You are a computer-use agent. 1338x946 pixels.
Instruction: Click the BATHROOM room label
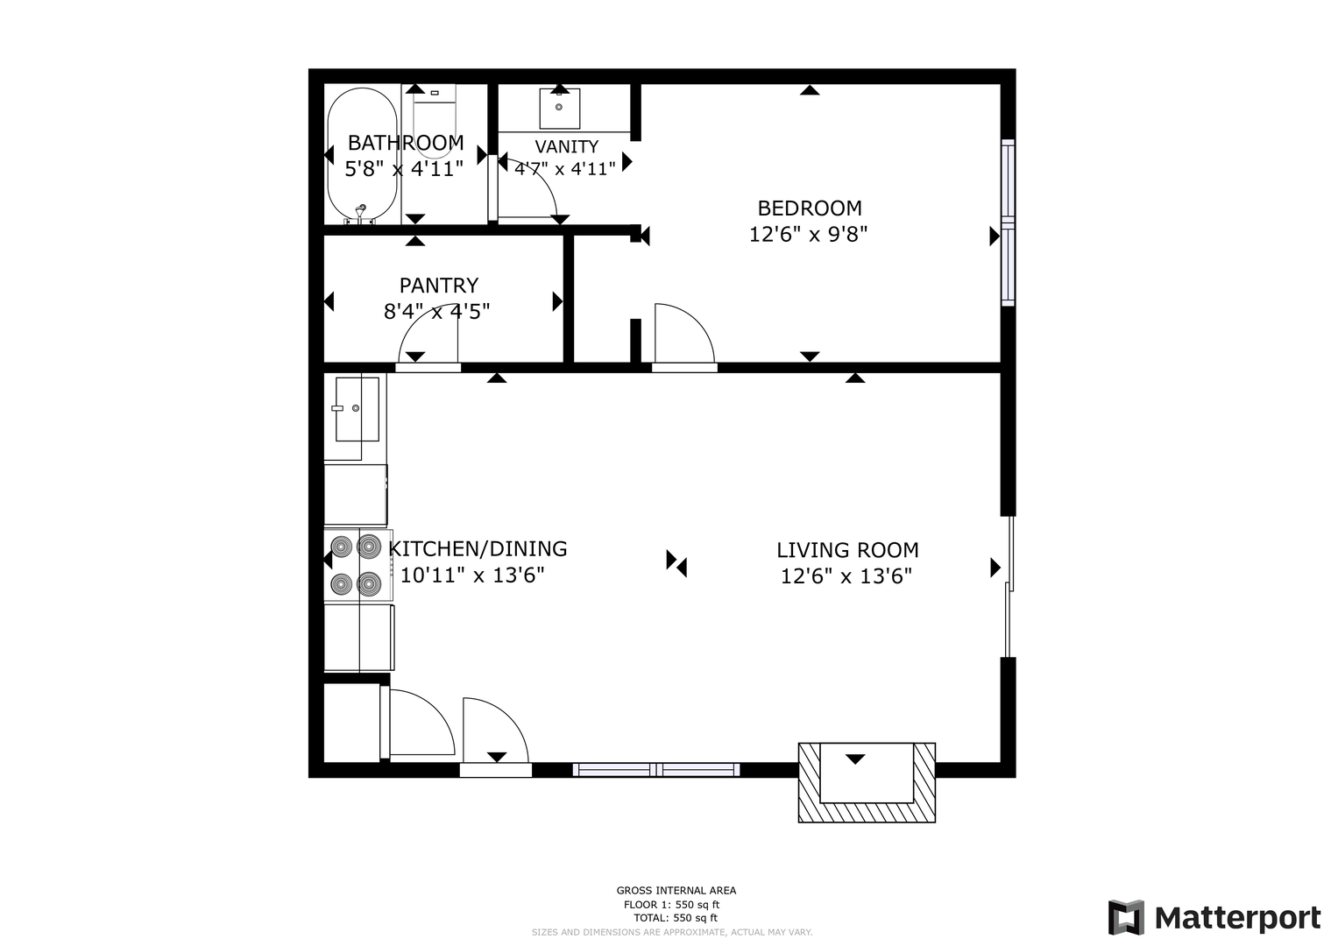click(x=406, y=144)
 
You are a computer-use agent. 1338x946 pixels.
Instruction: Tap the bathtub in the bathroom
click(x=362, y=155)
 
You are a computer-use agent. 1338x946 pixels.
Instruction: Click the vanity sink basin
click(x=560, y=108)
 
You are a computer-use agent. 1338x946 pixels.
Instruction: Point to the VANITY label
click(x=566, y=146)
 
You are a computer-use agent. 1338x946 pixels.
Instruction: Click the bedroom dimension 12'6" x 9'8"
click(x=808, y=234)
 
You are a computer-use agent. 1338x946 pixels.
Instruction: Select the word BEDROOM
click(x=810, y=208)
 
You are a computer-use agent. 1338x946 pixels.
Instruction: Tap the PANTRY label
click(x=439, y=286)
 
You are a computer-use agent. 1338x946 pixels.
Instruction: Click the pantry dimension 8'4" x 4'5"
click(x=436, y=311)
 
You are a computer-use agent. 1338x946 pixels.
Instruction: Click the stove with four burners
click(x=358, y=565)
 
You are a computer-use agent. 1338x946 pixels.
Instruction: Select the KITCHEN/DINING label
click(x=478, y=549)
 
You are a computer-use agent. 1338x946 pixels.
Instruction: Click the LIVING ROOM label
click(x=847, y=550)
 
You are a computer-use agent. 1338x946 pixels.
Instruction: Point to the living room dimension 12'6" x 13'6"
click(x=846, y=576)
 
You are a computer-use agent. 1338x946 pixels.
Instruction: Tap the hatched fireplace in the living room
click(x=867, y=783)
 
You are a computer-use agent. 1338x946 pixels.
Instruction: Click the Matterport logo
click(x=1214, y=918)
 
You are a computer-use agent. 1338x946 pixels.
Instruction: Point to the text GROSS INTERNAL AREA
click(x=676, y=891)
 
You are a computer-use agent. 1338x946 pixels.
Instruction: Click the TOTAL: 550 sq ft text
click(x=676, y=918)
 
